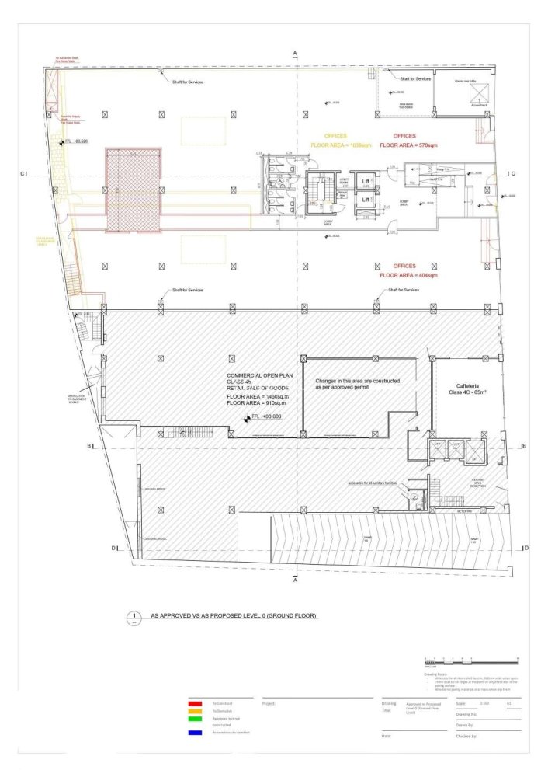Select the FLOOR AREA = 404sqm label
(x=409, y=275)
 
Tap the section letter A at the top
(x=295, y=51)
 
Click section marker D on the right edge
(x=527, y=549)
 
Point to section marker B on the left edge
(x=89, y=446)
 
